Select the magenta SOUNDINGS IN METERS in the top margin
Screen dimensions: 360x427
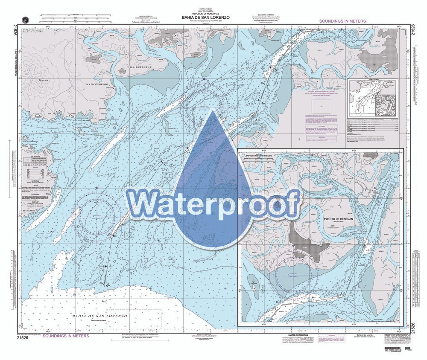tap(346, 20)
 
